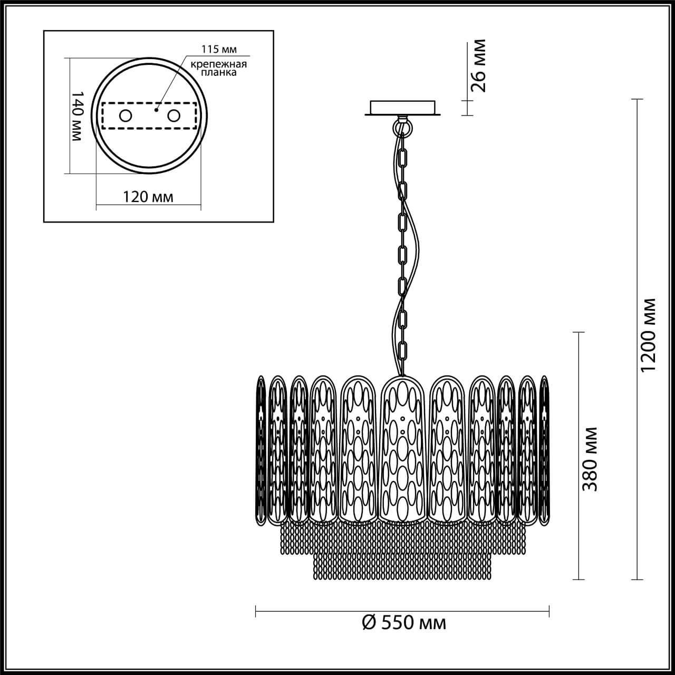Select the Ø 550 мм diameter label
coord(404,623)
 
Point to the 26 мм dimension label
coord(478,66)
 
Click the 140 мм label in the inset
coord(76,115)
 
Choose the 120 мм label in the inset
coord(148,197)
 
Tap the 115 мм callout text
coord(219,49)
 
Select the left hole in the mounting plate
coord(126,115)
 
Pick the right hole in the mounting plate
coord(173,115)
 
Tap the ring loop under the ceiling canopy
coord(403,127)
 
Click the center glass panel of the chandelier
coord(402,448)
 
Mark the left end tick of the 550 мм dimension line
coord(256,611)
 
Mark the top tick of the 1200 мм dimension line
coord(638,99)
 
